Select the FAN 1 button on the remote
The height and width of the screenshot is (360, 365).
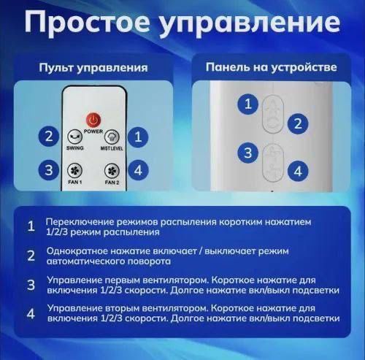[x=73, y=170]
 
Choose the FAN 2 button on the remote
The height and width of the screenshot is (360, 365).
[x=112, y=170]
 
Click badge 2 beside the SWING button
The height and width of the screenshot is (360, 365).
[x=48, y=136]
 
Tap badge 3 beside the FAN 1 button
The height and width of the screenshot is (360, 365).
[x=48, y=170]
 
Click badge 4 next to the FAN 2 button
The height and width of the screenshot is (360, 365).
[x=138, y=170]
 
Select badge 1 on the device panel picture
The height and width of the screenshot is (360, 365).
[x=249, y=104]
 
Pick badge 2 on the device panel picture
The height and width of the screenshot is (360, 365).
[x=297, y=123]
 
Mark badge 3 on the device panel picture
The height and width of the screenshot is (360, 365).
[x=249, y=153]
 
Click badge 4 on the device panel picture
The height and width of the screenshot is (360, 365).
[x=297, y=172]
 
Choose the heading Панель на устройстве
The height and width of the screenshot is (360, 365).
[x=271, y=68]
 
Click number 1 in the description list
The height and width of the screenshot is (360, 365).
[x=31, y=226]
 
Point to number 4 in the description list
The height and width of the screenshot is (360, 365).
[x=31, y=315]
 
